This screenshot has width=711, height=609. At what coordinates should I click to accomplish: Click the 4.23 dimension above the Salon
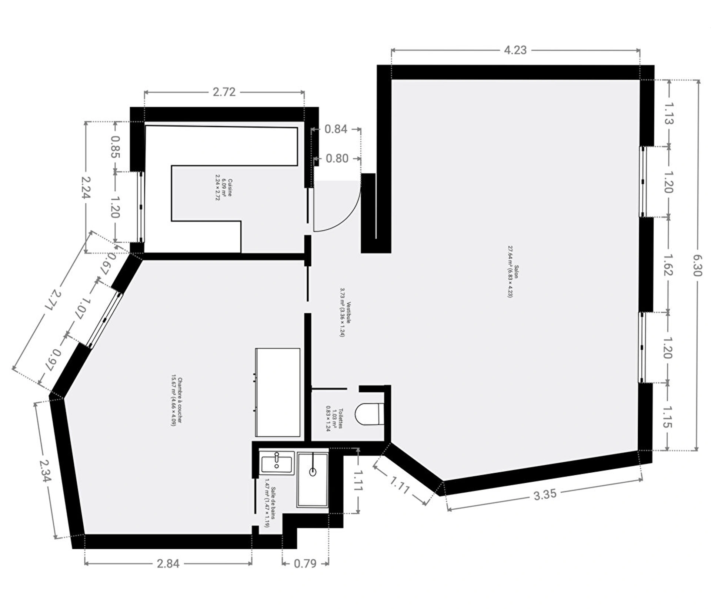(x=515, y=50)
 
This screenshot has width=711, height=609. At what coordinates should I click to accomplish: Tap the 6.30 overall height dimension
(x=697, y=265)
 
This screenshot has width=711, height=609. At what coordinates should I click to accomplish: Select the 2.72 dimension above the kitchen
(x=224, y=92)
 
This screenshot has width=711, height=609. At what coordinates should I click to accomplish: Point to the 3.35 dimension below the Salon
(x=545, y=494)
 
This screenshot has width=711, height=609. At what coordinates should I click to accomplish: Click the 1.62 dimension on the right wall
(x=668, y=264)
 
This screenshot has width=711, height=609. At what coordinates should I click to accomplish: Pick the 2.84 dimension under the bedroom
(x=168, y=563)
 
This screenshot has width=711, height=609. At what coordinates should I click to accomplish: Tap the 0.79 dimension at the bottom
(x=305, y=563)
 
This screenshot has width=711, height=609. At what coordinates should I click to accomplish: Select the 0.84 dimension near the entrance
(x=336, y=129)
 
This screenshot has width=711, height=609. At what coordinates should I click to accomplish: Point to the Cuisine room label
(x=230, y=188)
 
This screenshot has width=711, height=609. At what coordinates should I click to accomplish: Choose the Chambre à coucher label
(x=180, y=401)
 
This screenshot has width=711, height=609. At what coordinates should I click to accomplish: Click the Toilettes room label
(x=340, y=418)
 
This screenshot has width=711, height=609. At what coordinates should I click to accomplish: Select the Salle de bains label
(x=273, y=503)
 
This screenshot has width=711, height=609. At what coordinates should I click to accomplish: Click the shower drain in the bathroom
(x=313, y=472)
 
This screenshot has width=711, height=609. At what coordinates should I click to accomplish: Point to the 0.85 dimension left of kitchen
(x=115, y=147)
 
